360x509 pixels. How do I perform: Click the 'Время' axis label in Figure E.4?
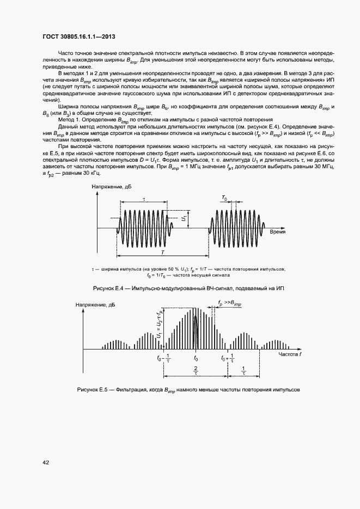(278, 231)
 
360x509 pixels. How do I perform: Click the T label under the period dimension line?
(163, 253)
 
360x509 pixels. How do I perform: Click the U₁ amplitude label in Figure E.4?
(185, 219)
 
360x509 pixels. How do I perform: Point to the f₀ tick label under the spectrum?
(196, 358)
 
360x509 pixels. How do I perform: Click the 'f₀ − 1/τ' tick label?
(164, 358)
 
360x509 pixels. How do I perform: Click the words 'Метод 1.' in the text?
(69, 119)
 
